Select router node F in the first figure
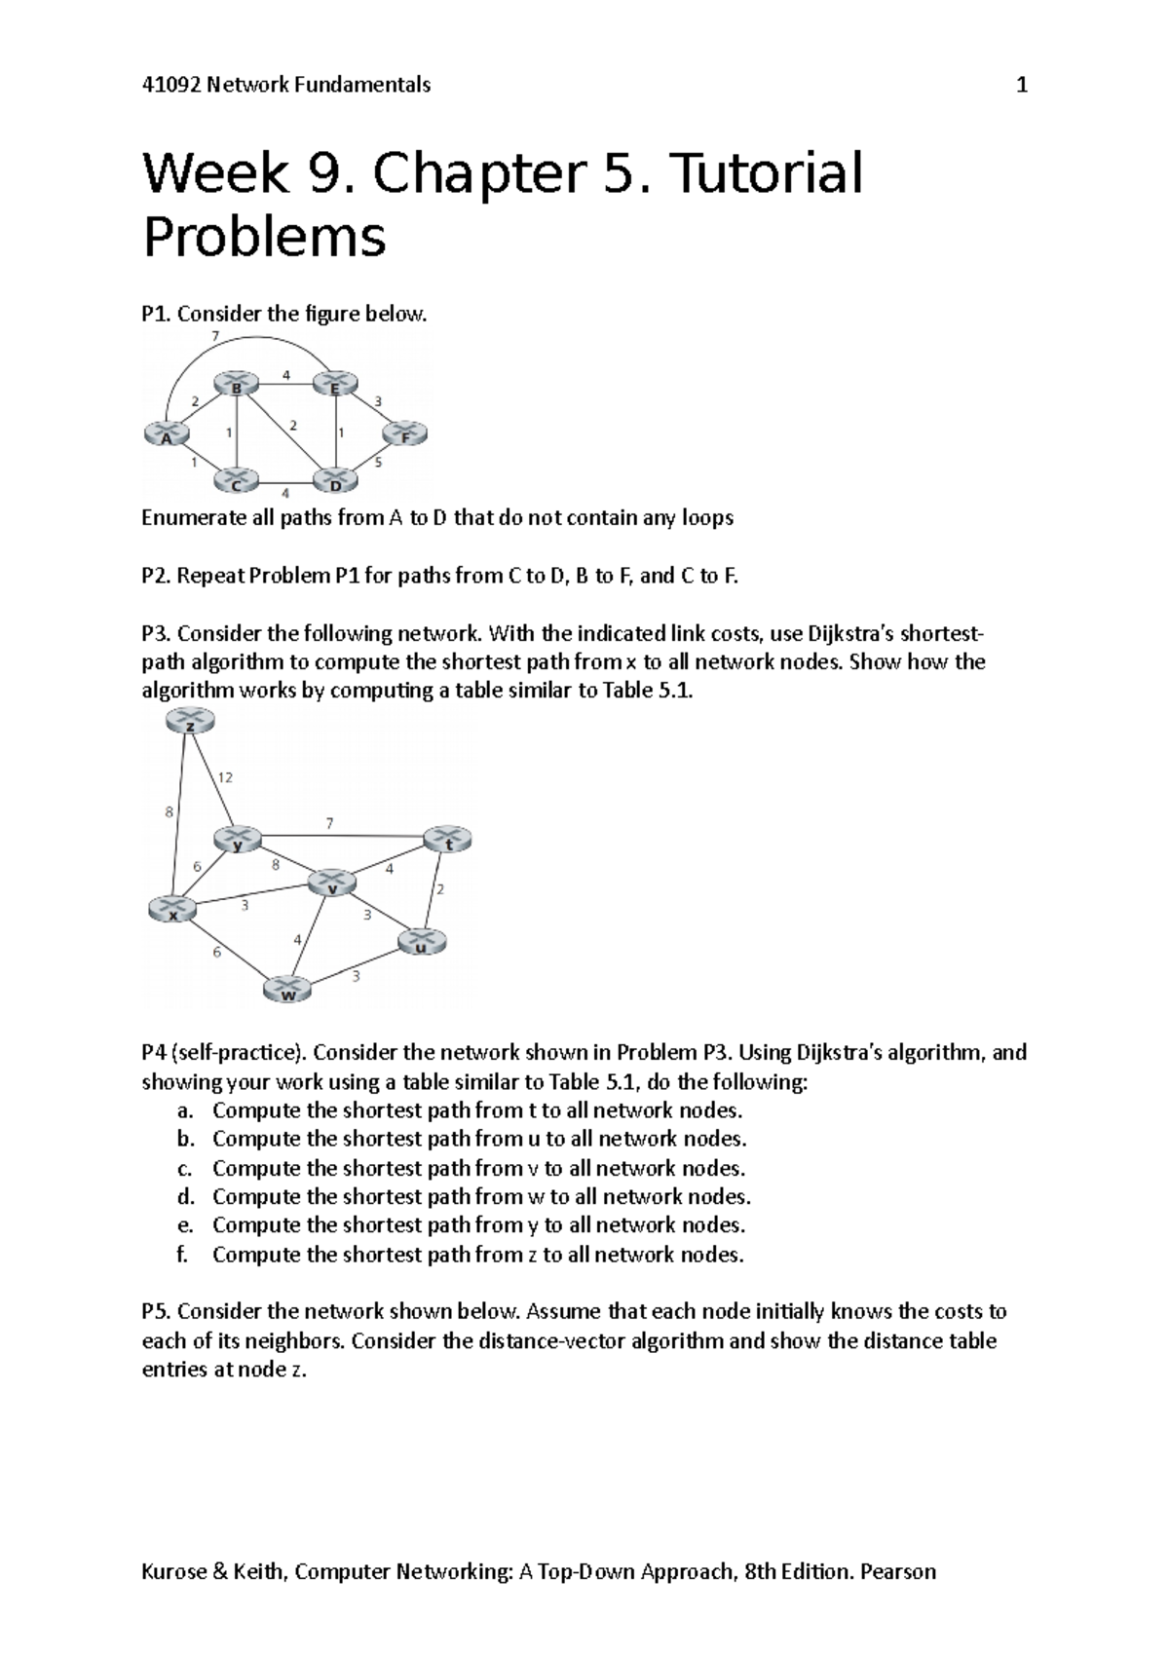click(405, 434)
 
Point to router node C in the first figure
click(237, 480)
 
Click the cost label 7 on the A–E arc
click(215, 336)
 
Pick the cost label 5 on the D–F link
click(379, 463)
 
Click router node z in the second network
click(190, 722)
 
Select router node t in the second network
click(448, 840)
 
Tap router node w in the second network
click(288, 991)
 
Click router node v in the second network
click(332, 883)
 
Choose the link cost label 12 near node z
click(225, 777)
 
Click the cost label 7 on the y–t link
click(329, 824)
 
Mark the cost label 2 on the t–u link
click(440, 889)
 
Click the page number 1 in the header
click(1022, 85)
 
